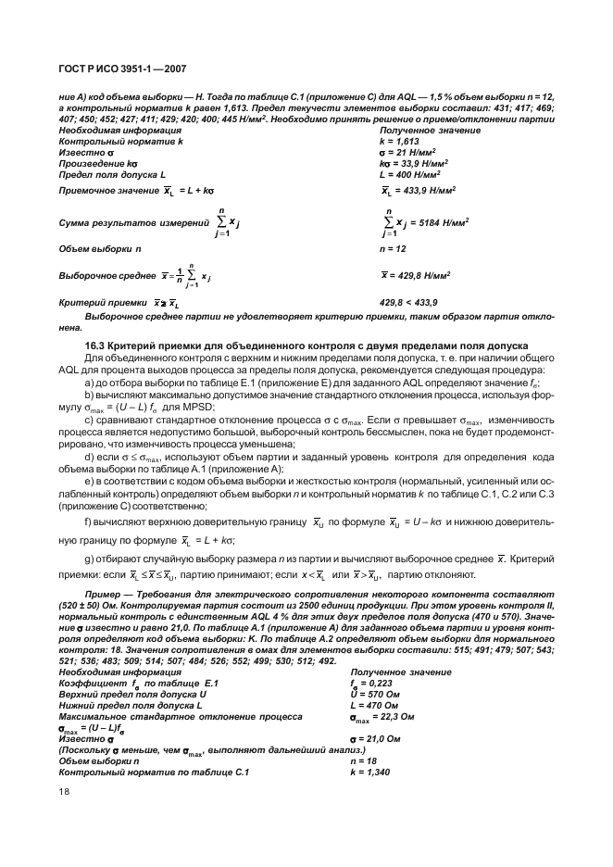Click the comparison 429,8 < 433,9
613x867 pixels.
coord(409,303)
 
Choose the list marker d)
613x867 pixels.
coord(88,457)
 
